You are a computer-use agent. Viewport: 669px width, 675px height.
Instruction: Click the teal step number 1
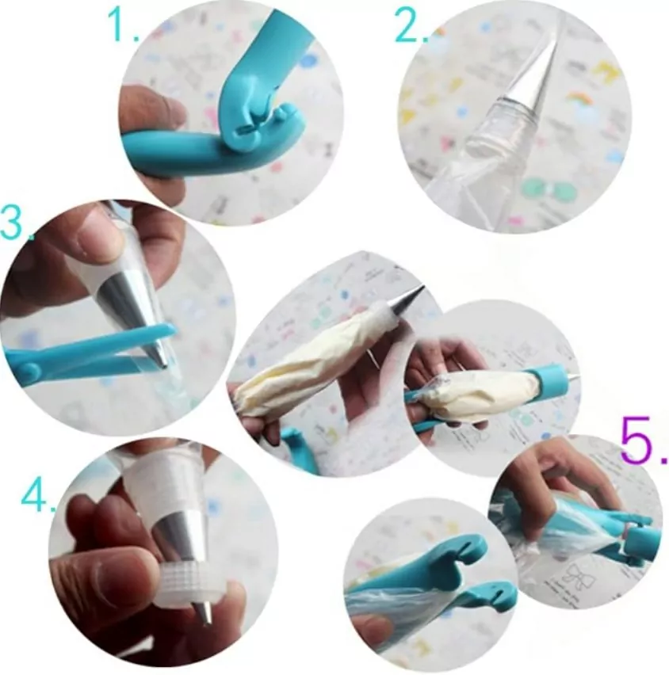[123, 24]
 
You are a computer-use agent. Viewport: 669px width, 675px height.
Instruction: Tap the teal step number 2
[411, 24]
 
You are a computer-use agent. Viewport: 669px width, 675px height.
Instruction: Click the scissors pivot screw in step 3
[29, 369]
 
